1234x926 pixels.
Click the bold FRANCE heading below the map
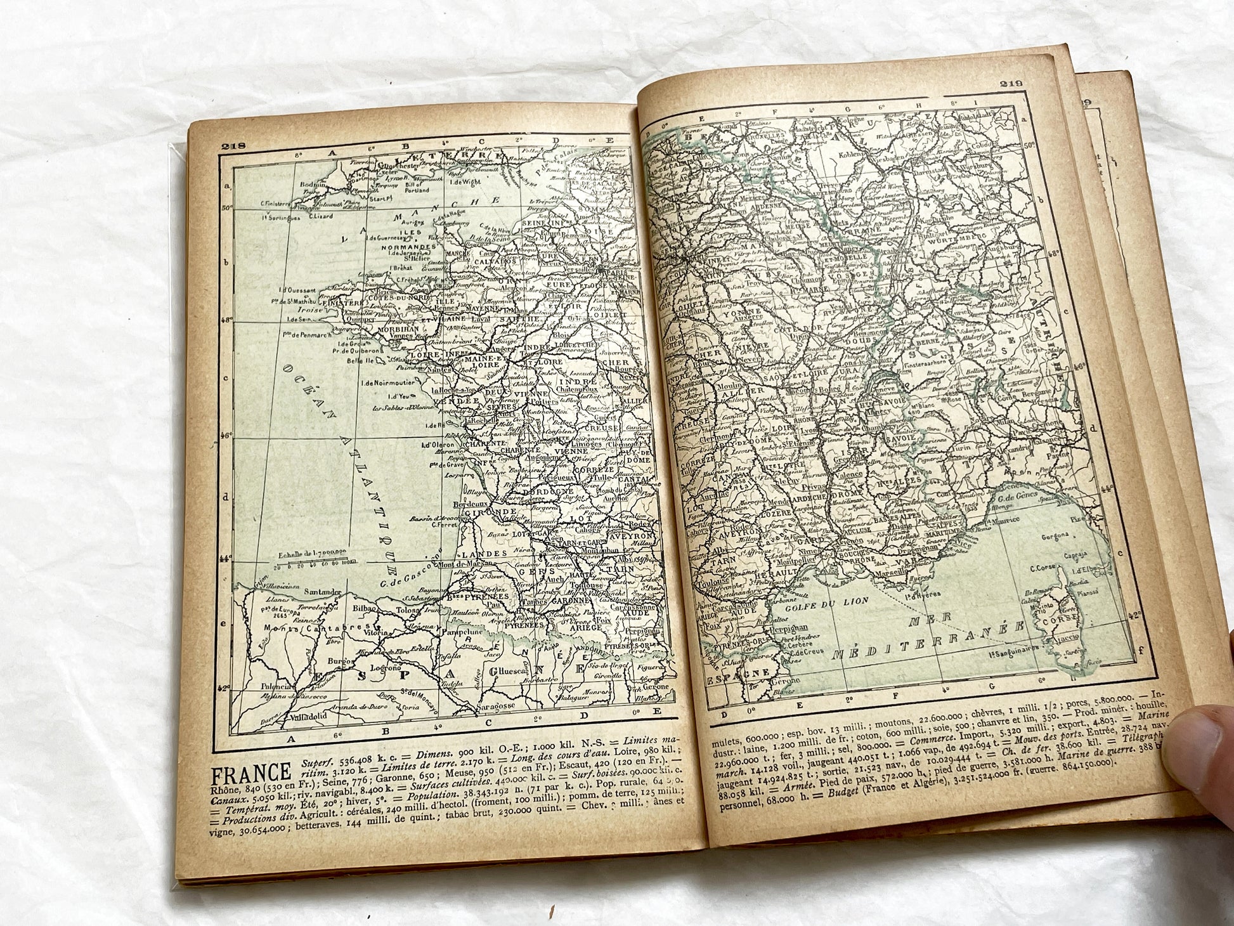pos(250,774)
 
